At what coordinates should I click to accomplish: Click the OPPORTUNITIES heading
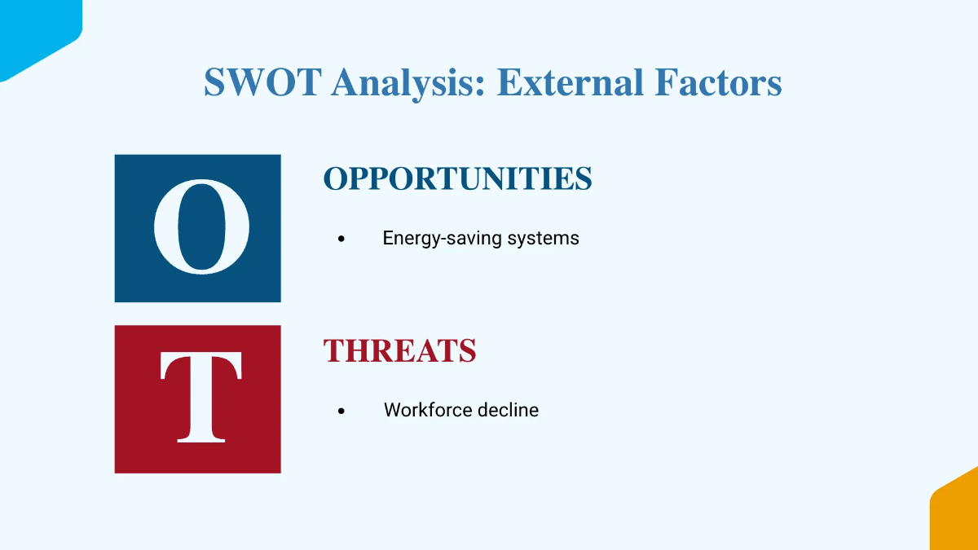[x=457, y=179]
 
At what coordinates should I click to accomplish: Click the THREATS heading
[x=399, y=351]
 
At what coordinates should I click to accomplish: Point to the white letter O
[x=201, y=227]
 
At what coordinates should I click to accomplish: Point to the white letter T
[x=200, y=398]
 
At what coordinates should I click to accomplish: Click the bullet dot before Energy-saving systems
[x=341, y=240]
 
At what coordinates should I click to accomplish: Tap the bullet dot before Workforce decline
[x=341, y=411]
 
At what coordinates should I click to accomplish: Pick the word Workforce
[x=429, y=410]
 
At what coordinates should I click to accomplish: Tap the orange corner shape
[x=958, y=513]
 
